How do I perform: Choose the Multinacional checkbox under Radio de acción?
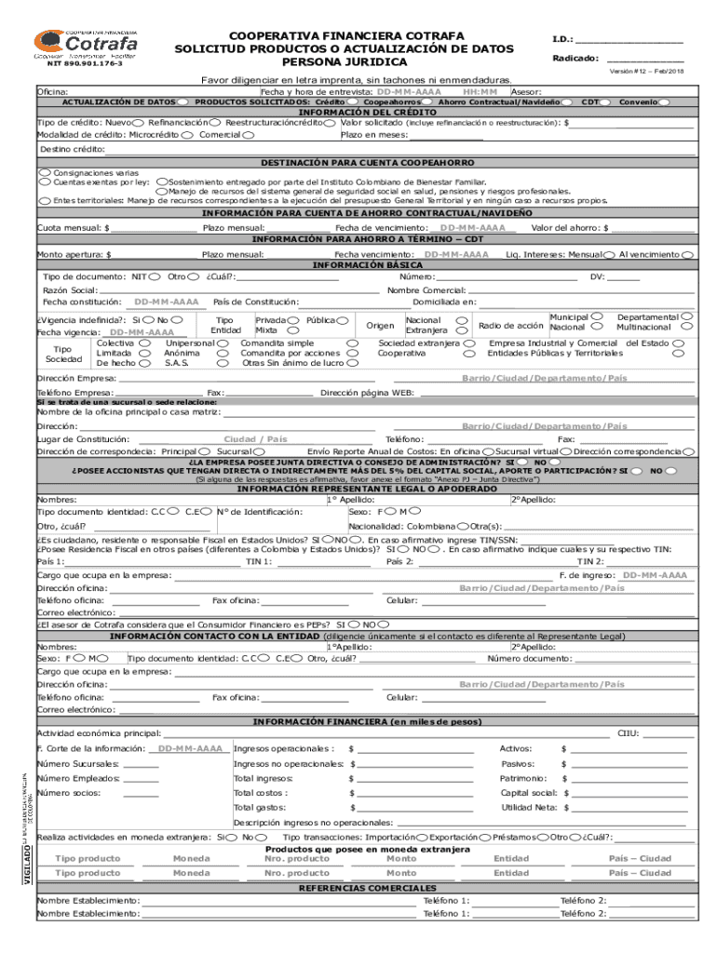click(x=687, y=327)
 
